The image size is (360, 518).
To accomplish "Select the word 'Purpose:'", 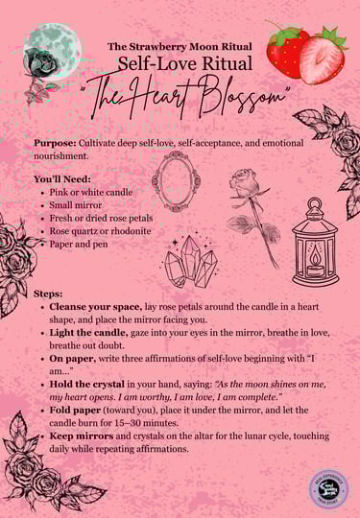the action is point(61,141).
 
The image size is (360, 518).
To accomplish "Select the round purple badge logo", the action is point(328,487).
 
